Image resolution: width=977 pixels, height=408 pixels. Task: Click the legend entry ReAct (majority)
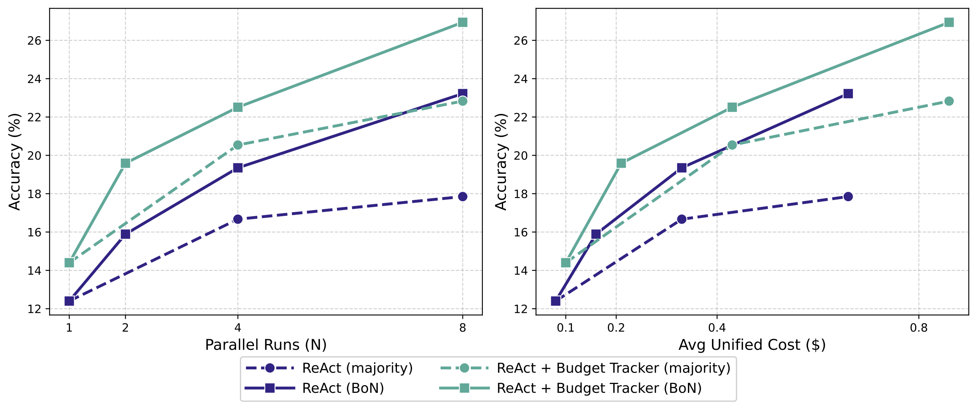[x=357, y=368]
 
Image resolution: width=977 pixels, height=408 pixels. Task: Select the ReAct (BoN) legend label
[x=343, y=388]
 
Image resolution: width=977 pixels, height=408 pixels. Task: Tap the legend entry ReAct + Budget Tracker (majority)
[x=613, y=368]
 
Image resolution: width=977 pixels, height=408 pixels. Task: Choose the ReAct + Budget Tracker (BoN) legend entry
[x=599, y=388]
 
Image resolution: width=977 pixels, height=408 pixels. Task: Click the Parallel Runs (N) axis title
[x=266, y=345]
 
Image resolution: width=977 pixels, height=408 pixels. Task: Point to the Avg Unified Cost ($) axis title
[x=752, y=345]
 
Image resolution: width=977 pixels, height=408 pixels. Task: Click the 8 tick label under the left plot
[x=462, y=327]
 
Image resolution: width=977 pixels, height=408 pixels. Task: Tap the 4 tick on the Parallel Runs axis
[x=238, y=327]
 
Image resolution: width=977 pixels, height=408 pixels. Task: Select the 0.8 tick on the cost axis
[x=919, y=327]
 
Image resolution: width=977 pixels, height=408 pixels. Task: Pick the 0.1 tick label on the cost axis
[x=565, y=327]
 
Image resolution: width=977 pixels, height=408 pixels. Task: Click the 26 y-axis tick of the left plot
[x=35, y=40]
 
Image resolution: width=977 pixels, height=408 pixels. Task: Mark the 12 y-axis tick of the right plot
[x=521, y=309]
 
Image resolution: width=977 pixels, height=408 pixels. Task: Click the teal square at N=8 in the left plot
[x=462, y=22]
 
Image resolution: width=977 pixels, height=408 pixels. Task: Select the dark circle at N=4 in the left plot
[x=238, y=219]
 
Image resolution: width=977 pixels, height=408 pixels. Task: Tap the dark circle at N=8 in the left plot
[x=462, y=196]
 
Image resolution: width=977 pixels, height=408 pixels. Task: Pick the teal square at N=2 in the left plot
[x=125, y=163]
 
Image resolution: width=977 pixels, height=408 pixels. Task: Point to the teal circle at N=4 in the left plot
[x=238, y=145]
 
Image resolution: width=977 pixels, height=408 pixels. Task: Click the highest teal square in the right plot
[x=949, y=22]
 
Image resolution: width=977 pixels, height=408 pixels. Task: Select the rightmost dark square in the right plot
[x=848, y=94]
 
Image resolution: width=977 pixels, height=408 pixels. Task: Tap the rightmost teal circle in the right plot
[x=949, y=101]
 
